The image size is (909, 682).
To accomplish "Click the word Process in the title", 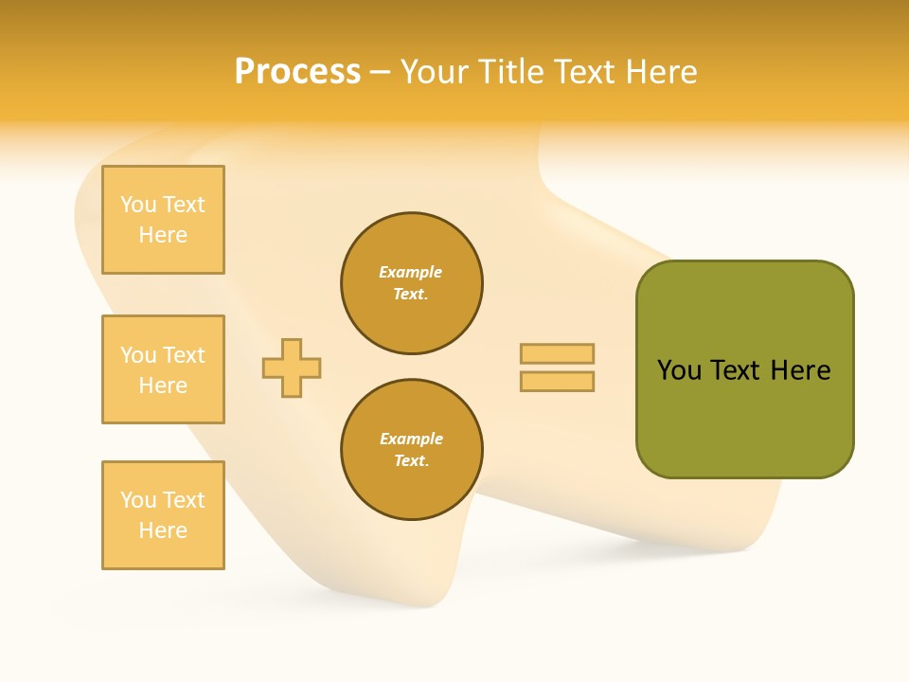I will pos(297,72).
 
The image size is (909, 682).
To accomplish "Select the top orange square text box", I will pos(163,220).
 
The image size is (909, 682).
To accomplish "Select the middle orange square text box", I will pos(163,369).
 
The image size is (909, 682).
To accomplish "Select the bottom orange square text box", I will pos(163,515).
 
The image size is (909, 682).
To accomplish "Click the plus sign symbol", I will pos(292,368).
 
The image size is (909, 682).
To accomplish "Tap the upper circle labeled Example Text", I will pos(412,283).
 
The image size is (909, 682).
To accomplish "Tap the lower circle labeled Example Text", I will pos(412,450).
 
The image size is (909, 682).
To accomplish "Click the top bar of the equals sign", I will pos(557,354).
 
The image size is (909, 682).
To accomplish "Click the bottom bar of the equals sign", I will pos(557,382).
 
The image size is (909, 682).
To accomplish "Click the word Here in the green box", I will pos(800,370).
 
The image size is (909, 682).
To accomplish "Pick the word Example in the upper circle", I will pos(411,273).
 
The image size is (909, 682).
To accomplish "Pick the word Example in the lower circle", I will pos(411,440).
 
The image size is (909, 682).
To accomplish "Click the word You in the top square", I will pos(138,205).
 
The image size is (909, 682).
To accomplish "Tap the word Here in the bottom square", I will pos(163,530).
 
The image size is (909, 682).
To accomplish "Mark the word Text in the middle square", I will pos(184,355).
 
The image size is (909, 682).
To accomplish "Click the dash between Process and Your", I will pos(380,73).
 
